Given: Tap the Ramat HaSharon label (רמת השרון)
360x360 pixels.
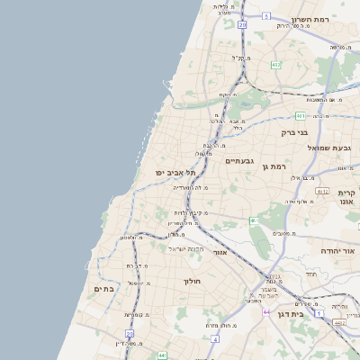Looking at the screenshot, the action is (x=321, y=18).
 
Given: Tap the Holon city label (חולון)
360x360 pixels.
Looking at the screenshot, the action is (x=192, y=282).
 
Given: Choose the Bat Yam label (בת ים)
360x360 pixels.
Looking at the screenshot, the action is (x=103, y=289).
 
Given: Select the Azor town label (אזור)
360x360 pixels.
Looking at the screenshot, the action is (x=220, y=253).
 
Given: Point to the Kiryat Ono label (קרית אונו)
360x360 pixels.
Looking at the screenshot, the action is (x=346, y=197).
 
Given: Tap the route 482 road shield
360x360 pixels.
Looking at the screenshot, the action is (x=276, y=65).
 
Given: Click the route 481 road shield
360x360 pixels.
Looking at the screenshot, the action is (x=300, y=116).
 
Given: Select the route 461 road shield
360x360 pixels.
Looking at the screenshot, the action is (x=253, y=220).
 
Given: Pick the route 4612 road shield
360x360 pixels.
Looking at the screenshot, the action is (x=322, y=191).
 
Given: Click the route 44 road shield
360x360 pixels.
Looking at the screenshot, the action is (x=266, y=311).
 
